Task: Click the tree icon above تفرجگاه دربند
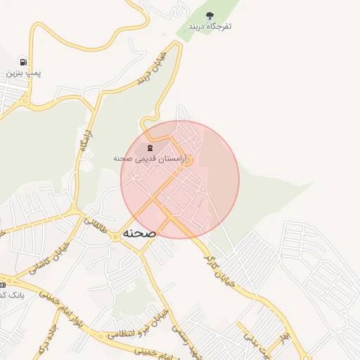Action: click(x=209, y=15)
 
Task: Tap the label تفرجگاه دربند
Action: click(x=209, y=27)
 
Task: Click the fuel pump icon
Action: click(x=25, y=61)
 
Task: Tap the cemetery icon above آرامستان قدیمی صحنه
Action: click(x=149, y=148)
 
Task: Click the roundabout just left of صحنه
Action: click(x=115, y=238)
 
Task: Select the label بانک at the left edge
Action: click(x=13, y=295)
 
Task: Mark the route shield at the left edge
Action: click(x=2, y=285)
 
